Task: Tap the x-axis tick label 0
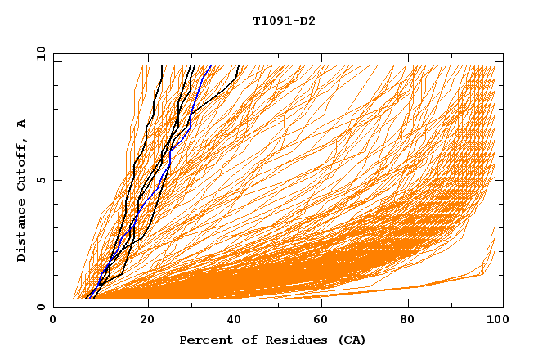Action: tap(53, 321)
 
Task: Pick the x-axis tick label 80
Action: tap(413, 321)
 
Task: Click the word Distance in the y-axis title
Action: tap(22, 232)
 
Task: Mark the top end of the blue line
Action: tap(210, 66)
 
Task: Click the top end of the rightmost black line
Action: tap(238, 66)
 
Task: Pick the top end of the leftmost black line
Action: tap(163, 66)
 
